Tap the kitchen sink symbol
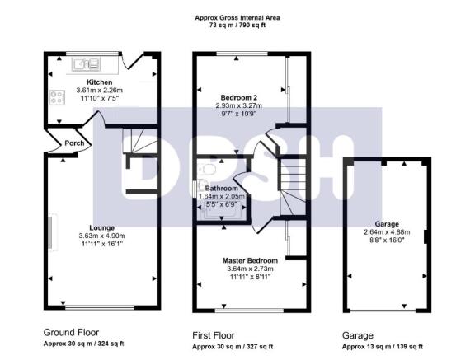[x=86, y=64]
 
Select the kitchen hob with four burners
[x=57, y=98]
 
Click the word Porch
[x=74, y=143]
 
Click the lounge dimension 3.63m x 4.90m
[x=101, y=236]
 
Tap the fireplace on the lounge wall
[x=53, y=232]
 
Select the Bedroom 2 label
[x=239, y=98]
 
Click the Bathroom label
[x=222, y=188]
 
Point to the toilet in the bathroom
[x=208, y=170]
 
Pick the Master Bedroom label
[x=250, y=260]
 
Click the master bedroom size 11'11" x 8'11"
[x=250, y=277]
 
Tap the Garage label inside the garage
[x=387, y=224]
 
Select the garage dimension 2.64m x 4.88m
[x=387, y=232]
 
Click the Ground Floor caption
[x=71, y=333]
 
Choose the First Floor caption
[x=214, y=335]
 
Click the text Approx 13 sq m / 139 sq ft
[x=383, y=347]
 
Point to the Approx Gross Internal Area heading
[x=237, y=18]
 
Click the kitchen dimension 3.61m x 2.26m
[x=99, y=90]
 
